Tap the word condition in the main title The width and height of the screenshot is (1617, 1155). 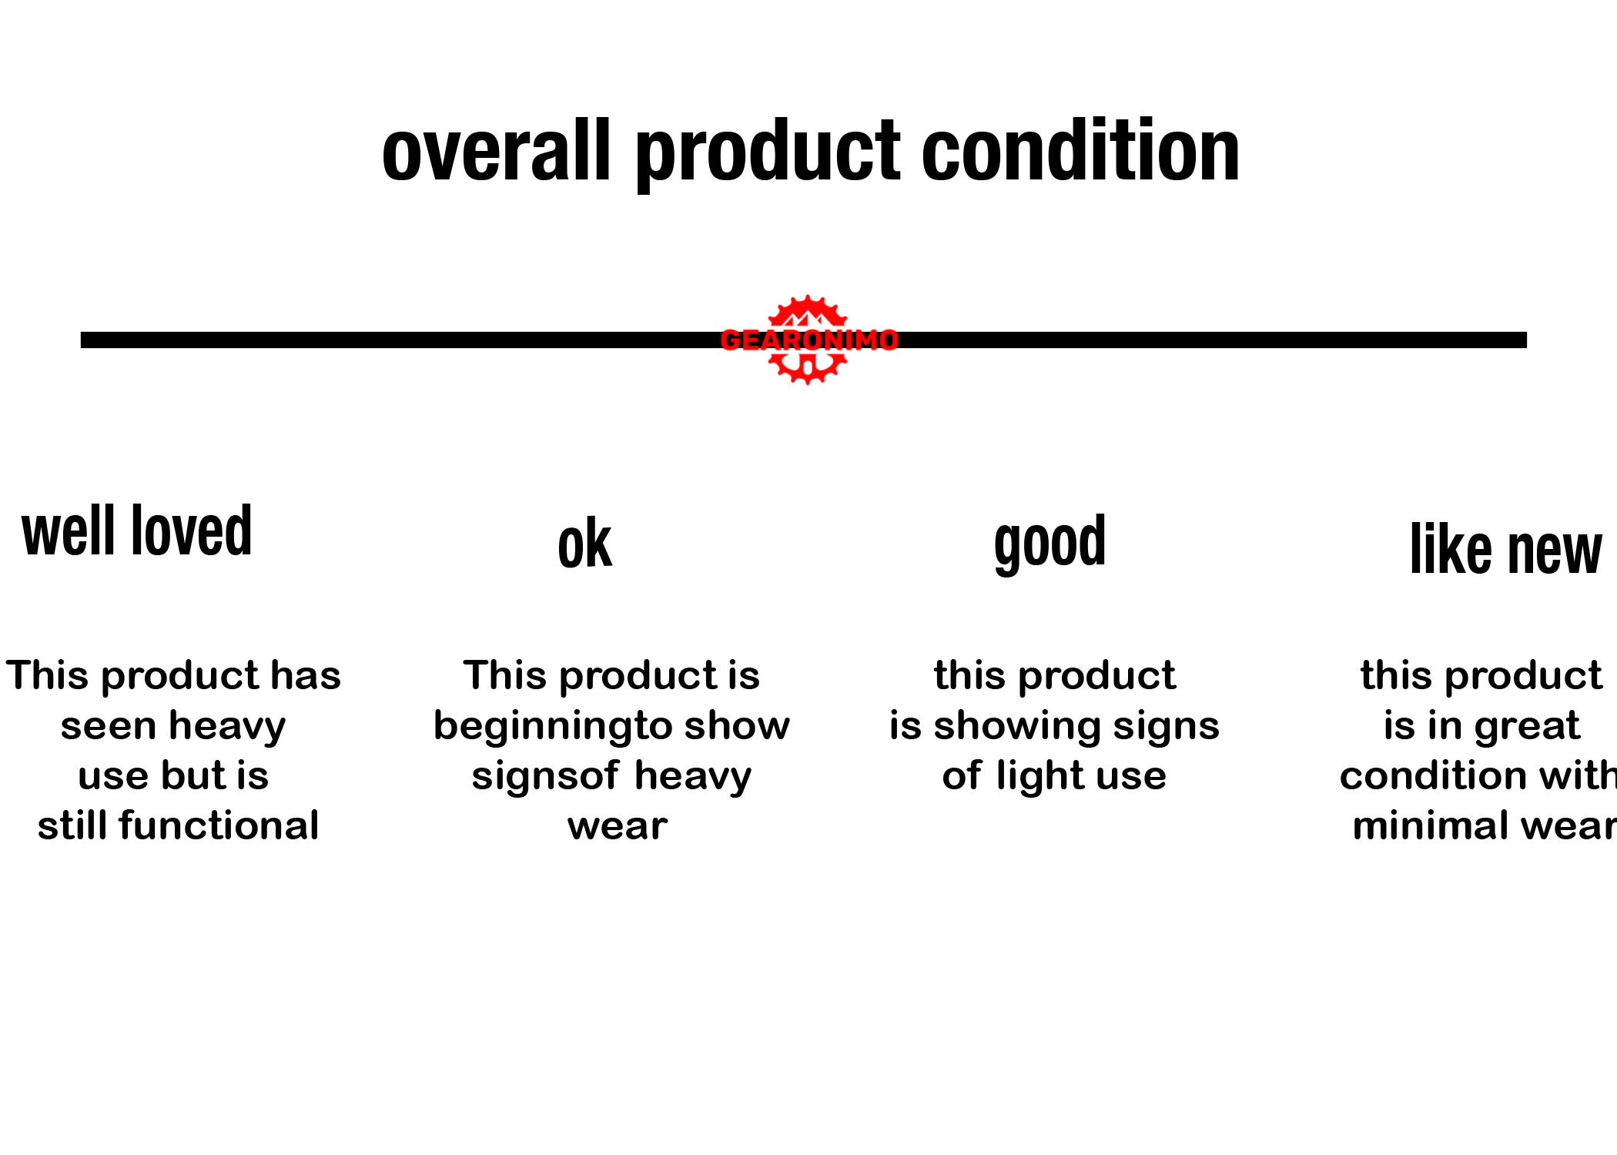pyautogui.click(x=1081, y=150)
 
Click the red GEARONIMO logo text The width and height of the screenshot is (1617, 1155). pyautogui.click(x=809, y=340)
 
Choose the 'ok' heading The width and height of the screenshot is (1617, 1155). pyautogui.click(x=585, y=544)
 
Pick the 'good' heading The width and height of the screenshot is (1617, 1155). pyautogui.click(x=1050, y=543)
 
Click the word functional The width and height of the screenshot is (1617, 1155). pyautogui.click(x=219, y=825)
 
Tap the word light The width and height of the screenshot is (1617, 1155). pyautogui.click(x=1040, y=777)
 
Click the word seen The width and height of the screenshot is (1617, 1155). pyautogui.click(x=109, y=727)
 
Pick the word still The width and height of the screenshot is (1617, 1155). pyautogui.click(x=74, y=825)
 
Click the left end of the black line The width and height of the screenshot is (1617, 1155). pyautogui.click(x=82, y=340)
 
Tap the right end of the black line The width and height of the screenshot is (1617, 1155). pyautogui.click(x=1526, y=340)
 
